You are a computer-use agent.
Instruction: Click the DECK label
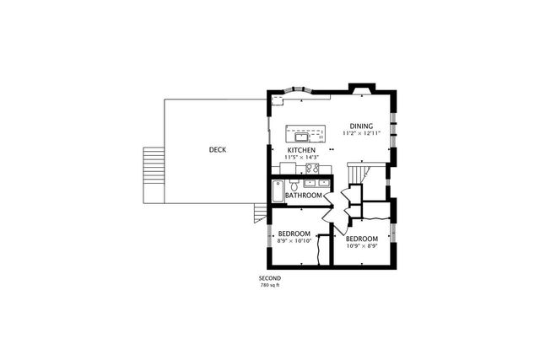coord(217,150)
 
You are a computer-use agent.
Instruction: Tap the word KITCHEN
coord(300,150)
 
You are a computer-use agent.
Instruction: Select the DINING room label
coord(362,126)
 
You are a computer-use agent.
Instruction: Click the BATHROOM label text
coord(303,196)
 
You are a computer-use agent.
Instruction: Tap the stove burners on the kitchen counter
coord(324,168)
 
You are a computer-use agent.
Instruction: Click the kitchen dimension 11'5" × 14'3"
coord(300,158)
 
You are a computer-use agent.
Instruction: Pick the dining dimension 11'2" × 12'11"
coord(362,134)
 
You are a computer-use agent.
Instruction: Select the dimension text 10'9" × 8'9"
coord(363,246)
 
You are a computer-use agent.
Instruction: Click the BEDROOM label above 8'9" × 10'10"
coord(294,234)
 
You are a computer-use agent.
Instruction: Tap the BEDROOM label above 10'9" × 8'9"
coord(363,239)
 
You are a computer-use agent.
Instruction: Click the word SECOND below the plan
coord(270,278)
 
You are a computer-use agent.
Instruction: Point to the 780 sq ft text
coord(270,286)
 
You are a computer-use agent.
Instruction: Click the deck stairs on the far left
coord(153,175)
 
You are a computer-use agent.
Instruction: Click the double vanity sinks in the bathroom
coord(316,183)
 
